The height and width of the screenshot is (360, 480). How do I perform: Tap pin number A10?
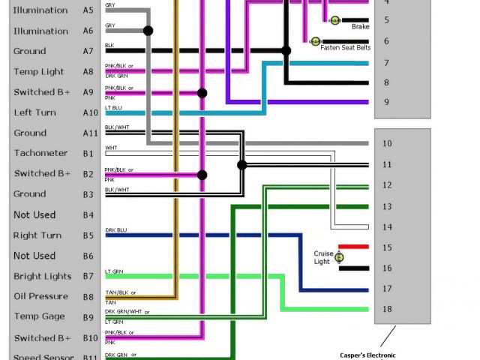[x=90, y=112]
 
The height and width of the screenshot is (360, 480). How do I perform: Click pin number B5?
[x=88, y=235]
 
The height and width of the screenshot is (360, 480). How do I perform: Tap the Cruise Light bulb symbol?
[x=339, y=257]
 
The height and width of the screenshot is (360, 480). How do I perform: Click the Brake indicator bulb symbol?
[x=334, y=19]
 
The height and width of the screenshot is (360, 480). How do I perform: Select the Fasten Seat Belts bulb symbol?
[x=315, y=40]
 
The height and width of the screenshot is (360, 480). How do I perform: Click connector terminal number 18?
[x=386, y=308]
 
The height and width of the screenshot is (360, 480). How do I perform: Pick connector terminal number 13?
[x=386, y=206]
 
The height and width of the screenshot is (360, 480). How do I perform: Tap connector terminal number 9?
[x=386, y=102]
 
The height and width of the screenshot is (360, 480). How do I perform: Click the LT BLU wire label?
[x=114, y=107]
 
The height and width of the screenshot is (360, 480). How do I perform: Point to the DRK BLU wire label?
[x=116, y=230]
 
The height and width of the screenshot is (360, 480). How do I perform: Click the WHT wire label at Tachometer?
[x=111, y=148]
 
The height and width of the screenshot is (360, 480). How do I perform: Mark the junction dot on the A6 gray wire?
[x=148, y=31]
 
